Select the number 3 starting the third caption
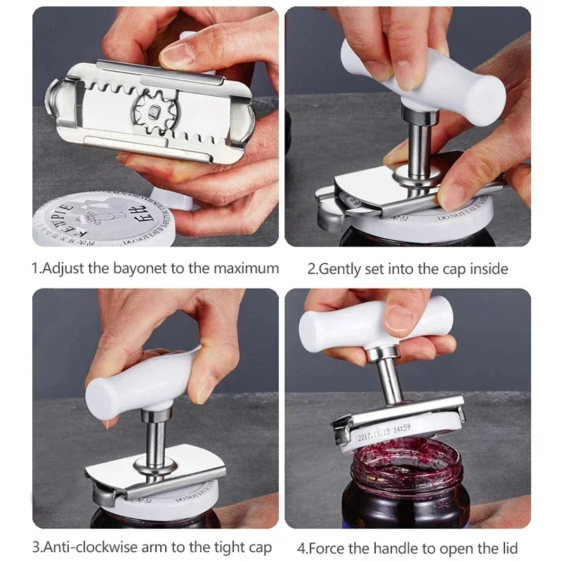click(35, 547)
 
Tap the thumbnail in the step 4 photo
click(400, 315)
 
